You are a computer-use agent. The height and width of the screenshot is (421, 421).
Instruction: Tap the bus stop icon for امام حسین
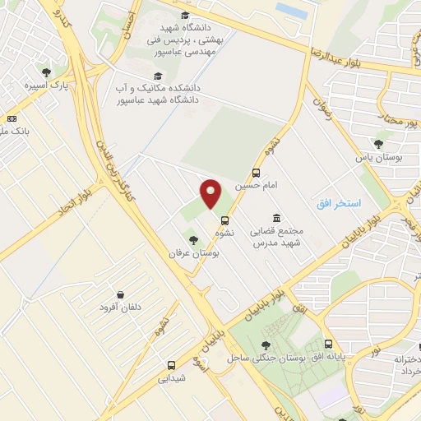(257, 173)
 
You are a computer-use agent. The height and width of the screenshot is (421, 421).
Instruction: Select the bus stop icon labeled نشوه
(224, 220)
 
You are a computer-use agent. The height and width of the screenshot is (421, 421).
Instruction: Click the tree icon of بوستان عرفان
(193, 240)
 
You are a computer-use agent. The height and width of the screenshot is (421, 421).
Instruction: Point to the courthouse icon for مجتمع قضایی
(275, 218)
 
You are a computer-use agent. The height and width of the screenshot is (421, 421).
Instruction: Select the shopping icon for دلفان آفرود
(120, 294)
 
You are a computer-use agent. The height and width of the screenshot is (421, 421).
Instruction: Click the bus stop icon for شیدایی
(172, 365)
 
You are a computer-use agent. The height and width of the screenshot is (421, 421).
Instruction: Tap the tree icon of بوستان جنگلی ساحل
(265, 345)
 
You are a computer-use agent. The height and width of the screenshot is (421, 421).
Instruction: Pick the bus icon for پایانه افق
(329, 345)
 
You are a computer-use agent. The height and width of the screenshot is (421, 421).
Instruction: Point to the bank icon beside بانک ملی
(12, 118)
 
